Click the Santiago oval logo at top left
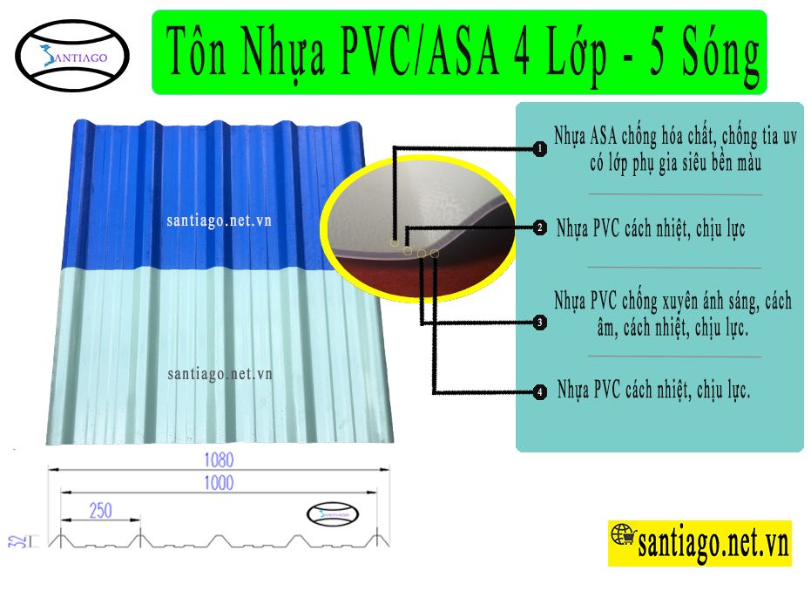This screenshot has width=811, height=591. [72, 56]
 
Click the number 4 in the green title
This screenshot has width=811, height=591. [522, 51]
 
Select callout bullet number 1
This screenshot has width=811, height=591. [540, 149]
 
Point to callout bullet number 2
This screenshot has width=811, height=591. [540, 228]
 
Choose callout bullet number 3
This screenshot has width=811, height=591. [540, 323]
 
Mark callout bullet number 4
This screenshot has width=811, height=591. [540, 391]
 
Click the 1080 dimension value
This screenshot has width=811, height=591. [219, 459]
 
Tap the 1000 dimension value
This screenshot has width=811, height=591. [219, 483]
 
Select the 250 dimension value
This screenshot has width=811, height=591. [100, 511]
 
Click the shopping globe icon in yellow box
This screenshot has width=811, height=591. [623, 535]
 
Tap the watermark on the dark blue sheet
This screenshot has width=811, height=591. [219, 221]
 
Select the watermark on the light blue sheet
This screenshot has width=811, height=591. [220, 374]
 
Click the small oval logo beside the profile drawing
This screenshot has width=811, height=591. [333, 514]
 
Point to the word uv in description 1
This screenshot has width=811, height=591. [789, 137]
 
